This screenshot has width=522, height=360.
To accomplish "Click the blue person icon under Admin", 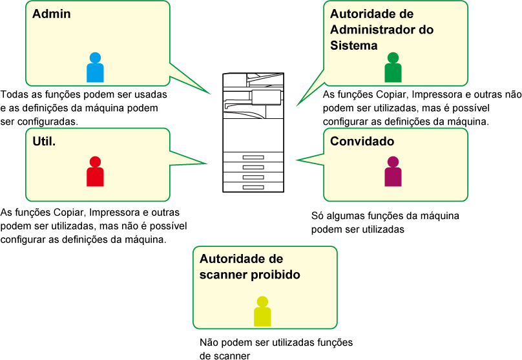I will pyautogui.click(x=95, y=68).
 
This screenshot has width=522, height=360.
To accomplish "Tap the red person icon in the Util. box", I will pyautogui.click(x=95, y=172).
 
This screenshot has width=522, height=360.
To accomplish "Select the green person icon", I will pyautogui.click(x=393, y=68).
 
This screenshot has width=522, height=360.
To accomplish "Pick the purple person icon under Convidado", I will pyautogui.click(x=393, y=172).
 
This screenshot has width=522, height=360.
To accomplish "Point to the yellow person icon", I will pyautogui.click(x=262, y=312).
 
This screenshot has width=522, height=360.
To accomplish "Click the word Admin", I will pyautogui.click(x=52, y=14).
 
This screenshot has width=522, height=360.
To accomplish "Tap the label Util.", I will pyautogui.click(x=44, y=140).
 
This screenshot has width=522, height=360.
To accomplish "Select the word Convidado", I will pyautogui.click(x=362, y=141).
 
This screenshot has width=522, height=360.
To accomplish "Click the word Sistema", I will pyautogui.click(x=353, y=45).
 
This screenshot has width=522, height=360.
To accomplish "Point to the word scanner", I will pyautogui.click(x=222, y=275).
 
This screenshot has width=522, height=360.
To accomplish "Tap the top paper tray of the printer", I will pyautogui.click(x=253, y=157).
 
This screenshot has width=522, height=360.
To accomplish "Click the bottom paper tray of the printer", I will pyautogui.click(x=253, y=187).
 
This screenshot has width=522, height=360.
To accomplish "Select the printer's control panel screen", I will pyautogui.click(x=266, y=97).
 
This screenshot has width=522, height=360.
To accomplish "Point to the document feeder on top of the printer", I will pyautogui.click(x=253, y=79).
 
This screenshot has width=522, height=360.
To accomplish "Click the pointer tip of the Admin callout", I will pyautogui.click(x=211, y=94).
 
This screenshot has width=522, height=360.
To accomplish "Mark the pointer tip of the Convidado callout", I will pyautogui.click(x=297, y=160).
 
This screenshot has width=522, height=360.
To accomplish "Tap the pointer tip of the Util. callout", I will pyautogui.click(x=207, y=164).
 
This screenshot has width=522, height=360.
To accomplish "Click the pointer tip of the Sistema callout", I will pyautogui.click(x=297, y=105).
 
